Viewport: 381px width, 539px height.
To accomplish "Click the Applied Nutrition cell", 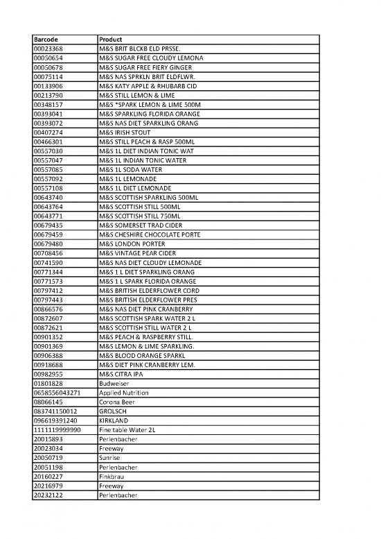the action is click(124, 393).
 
